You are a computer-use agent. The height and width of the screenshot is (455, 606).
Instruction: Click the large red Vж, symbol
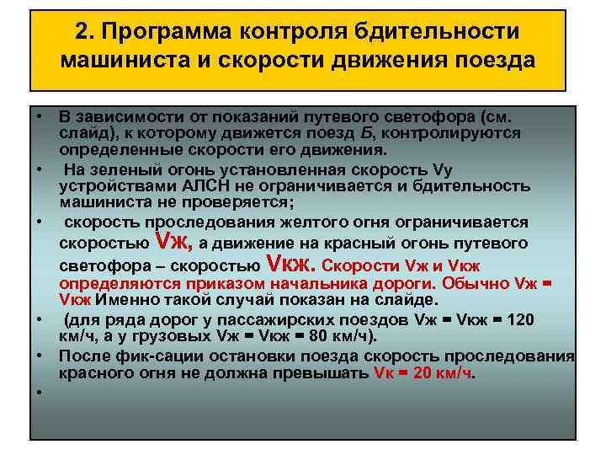point(175,243)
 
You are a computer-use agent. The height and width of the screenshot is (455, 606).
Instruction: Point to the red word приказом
point(233,283)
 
